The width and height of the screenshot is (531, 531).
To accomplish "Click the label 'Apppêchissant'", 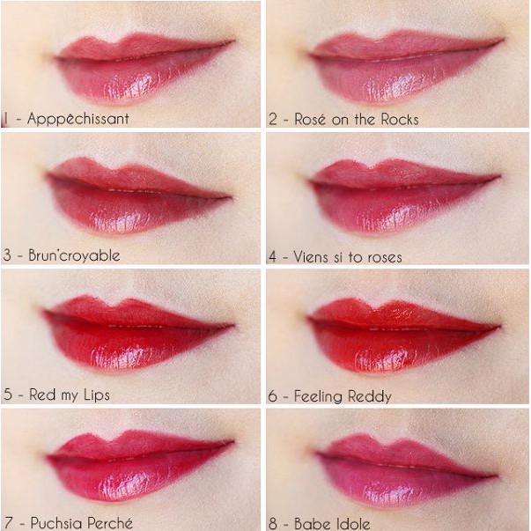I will [77, 119].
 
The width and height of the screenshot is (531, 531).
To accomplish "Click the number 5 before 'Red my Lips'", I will [8, 395].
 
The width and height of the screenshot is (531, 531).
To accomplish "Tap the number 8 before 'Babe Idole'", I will [273, 524].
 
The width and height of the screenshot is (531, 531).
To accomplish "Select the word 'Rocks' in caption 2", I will [398, 119].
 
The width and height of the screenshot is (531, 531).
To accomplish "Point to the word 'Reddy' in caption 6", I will [369, 396].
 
